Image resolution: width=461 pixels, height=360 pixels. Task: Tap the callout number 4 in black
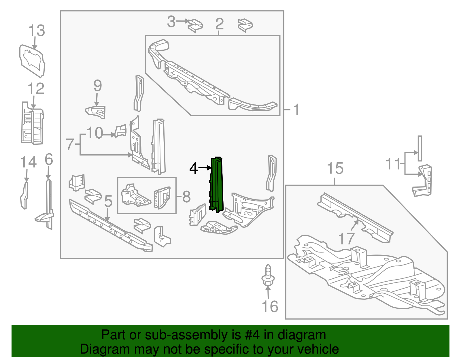tap(193, 168)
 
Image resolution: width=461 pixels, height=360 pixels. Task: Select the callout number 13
tap(37, 31)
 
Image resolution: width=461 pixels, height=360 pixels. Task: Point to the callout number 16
tap(270, 306)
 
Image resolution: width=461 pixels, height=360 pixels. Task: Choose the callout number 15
tap(335, 168)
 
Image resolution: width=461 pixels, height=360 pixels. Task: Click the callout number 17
tap(346, 239)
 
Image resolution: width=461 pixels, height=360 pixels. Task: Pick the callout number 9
tap(98, 86)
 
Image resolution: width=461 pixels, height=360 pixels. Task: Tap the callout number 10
tap(95, 133)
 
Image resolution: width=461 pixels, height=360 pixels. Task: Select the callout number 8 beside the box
tap(186, 197)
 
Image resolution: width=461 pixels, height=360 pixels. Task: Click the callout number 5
tap(108, 201)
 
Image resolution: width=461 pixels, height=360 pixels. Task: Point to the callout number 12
tap(36, 89)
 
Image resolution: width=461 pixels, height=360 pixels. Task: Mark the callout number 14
tap(28, 162)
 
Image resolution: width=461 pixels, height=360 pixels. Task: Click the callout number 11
tap(393, 164)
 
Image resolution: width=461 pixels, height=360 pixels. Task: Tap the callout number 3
tap(171, 22)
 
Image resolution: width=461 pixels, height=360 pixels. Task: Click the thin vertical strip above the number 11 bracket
tap(420, 148)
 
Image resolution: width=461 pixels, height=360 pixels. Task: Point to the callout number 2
tap(219, 24)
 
